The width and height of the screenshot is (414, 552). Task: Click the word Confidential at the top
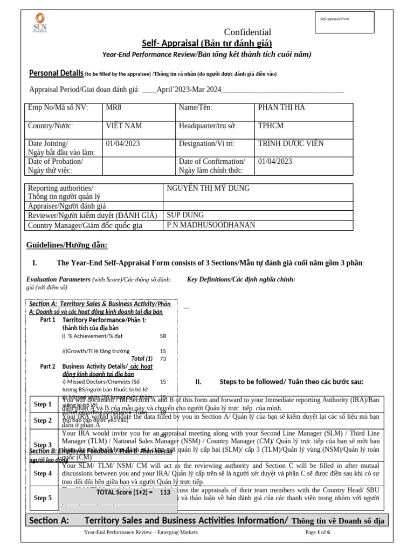[247, 32]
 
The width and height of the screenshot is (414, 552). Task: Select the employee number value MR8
[114, 108]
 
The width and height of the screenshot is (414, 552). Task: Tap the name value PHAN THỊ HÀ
[281, 108]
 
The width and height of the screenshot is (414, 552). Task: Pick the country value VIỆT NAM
[124, 126]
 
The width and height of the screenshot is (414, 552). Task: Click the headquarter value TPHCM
[271, 126]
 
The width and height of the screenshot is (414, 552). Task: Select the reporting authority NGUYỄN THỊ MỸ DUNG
[208, 188]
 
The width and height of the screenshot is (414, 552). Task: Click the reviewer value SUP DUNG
[185, 215]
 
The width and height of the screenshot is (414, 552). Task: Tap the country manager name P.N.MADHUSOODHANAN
[211, 225]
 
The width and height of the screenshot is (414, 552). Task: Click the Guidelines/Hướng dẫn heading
[67, 246]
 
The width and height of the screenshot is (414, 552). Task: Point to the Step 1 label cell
[43, 404]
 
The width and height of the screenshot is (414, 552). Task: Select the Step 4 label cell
[43, 473]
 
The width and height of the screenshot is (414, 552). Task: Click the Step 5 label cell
[43, 498]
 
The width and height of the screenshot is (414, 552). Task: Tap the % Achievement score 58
[163, 336]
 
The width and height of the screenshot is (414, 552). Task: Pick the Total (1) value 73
[163, 358]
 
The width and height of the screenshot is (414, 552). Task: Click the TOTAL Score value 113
[165, 492]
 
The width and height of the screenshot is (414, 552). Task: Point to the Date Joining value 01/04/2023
[123, 144]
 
